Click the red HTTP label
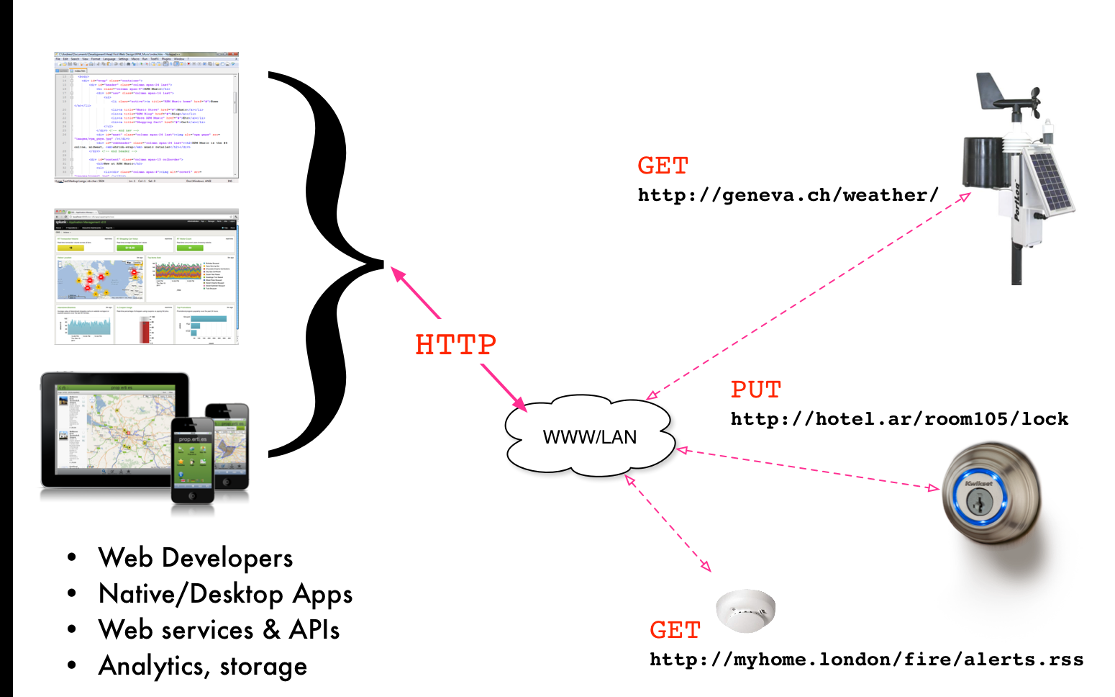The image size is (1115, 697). (x=455, y=344)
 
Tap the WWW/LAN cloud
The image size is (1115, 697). (x=589, y=437)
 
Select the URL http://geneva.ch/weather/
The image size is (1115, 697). (x=788, y=195)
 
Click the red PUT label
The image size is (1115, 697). (x=755, y=390)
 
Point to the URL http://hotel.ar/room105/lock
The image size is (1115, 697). (x=899, y=419)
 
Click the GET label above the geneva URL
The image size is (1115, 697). (x=663, y=166)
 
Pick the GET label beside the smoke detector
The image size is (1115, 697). (x=674, y=630)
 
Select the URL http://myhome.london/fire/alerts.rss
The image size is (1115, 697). (x=866, y=660)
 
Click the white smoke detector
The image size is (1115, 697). (x=746, y=611)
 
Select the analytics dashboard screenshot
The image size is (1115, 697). (x=146, y=277)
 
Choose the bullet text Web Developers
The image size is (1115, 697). (x=196, y=558)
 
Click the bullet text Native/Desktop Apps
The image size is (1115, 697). (x=225, y=594)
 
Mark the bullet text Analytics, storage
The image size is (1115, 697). (x=202, y=666)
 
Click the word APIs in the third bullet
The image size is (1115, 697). (x=314, y=630)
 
